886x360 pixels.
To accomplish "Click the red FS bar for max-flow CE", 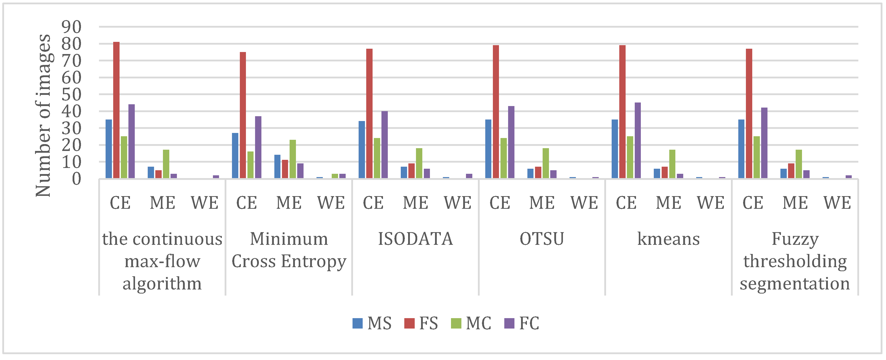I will click(116, 110).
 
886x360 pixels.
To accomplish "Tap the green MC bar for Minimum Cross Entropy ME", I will click(292, 159).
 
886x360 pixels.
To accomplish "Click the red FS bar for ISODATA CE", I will click(369, 113).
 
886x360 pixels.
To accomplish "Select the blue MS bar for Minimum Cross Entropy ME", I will click(277, 166).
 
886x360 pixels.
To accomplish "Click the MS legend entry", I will click(372, 323).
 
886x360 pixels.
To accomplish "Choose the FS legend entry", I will click(421, 323).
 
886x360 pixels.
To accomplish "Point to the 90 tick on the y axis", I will click(72, 27).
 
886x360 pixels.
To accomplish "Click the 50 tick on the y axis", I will click(72, 95).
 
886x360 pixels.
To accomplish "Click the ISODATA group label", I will click(415, 239).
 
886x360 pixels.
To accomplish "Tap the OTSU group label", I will click(542, 239).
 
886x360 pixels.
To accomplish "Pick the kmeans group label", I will click(668, 239).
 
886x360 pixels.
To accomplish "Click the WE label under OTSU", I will click(584, 203).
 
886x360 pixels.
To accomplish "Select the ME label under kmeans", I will click(668, 203).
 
